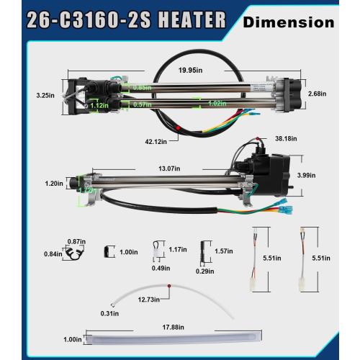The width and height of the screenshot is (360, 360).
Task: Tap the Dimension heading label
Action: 289,22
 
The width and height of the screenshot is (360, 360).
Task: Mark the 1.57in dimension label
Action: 223,251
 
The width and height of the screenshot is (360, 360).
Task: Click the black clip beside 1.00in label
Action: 109,251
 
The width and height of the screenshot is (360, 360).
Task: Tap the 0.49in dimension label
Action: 160,269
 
